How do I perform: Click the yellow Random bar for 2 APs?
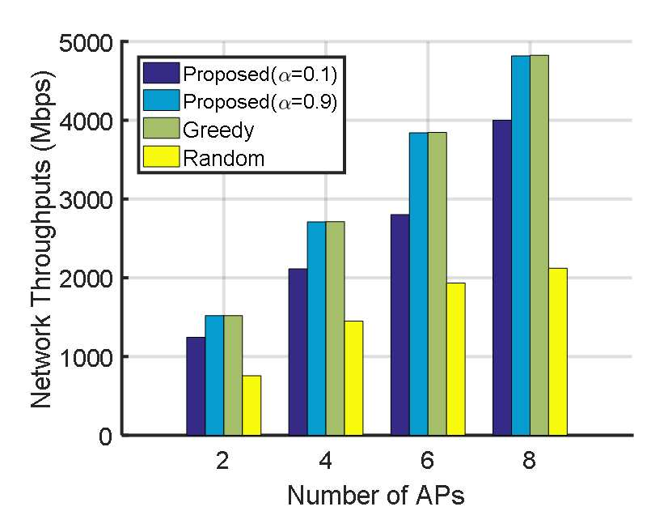point(252,406)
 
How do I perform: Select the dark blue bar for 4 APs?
point(298,351)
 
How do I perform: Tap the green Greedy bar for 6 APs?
point(438,284)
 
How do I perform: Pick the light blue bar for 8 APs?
point(521,245)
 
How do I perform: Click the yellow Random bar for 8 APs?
point(557,351)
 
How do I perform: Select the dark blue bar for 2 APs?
point(196,386)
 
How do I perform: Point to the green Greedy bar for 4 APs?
point(335,329)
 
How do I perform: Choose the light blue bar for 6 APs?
point(419,284)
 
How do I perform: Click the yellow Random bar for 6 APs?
point(456,360)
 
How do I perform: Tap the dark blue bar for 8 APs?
point(502,278)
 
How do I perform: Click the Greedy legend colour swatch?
point(161,129)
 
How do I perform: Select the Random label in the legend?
point(224,159)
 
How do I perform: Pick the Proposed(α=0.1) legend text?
point(260,74)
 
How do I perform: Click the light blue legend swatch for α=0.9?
point(161,100)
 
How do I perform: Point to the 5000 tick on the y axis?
point(86,43)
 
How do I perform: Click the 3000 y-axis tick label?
point(86,200)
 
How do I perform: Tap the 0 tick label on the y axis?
point(105,436)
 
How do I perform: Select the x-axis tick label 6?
point(427,461)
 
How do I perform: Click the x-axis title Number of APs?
point(376,495)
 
